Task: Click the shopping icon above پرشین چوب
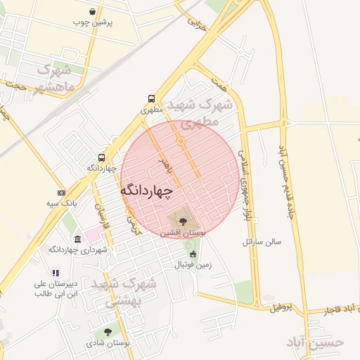click(94, 11)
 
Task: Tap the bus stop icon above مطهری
click(151, 99)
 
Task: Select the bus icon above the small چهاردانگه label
click(102, 157)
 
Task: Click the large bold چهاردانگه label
click(147, 191)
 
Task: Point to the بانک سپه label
click(61, 204)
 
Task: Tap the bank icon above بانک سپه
click(61, 193)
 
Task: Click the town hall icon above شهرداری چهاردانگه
click(77, 239)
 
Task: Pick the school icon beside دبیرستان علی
click(56, 274)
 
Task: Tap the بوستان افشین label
click(183, 232)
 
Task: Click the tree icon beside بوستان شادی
click(107, 332)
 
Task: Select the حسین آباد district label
click(316, 342)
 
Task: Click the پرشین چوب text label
click(94, 22)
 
